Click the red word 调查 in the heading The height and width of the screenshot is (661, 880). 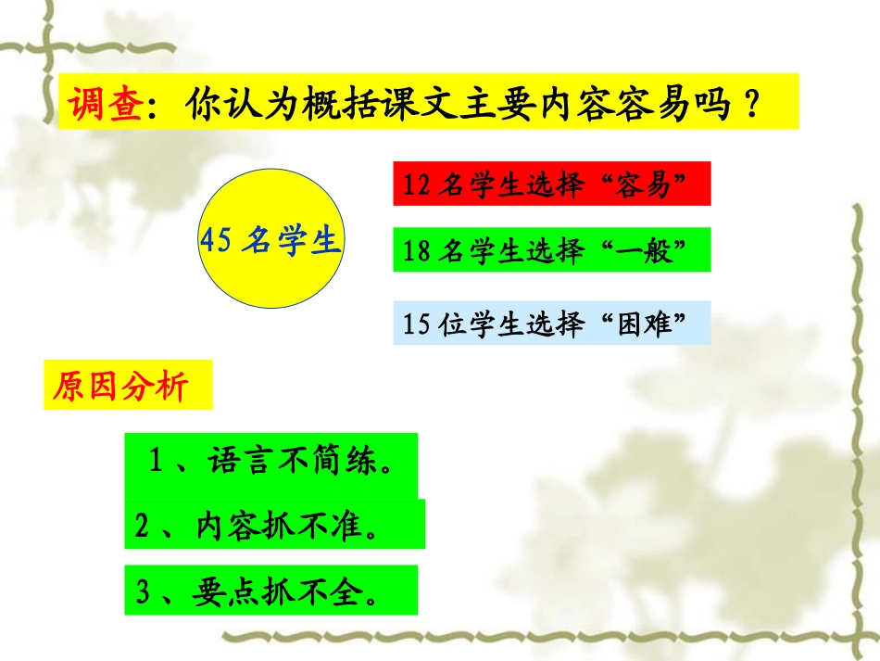coord(105,103)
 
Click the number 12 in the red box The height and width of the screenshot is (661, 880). coord(418,185)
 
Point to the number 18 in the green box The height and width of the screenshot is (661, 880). coord(418,251)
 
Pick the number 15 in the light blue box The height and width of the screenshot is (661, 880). coord(418,324)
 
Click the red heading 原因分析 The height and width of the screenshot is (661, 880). coord(121,386)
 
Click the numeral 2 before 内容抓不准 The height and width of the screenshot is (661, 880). coord(142,527)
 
